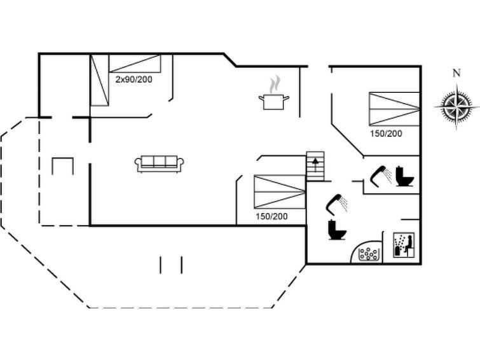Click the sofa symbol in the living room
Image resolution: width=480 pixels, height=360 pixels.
click(x=159, y=163)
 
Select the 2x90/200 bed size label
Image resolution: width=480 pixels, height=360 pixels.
click(x=134, y=80)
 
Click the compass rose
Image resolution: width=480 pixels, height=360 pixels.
click(x=456, y=107)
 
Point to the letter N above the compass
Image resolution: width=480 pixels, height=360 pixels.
click(x=456, y=73)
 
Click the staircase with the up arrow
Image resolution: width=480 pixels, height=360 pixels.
click(x=315, y=166)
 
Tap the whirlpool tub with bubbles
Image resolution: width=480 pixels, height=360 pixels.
click(x=366, y=252)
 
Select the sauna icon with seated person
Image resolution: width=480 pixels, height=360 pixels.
click(x=404, y=245)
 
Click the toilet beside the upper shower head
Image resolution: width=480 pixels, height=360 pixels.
click(x=405, y=176)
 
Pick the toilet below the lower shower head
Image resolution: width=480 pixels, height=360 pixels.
click(x=337, y=230)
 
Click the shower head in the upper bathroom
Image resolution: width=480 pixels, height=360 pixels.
click(x=381, y=176)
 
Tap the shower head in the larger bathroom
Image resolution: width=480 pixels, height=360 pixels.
click(x=336, y=203)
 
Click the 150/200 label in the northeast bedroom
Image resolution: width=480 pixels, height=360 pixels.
click(x=386, y=134)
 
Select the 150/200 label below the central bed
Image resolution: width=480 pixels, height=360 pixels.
click(x=271, y=217)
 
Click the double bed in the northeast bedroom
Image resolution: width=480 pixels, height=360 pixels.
click(x=394, y=109)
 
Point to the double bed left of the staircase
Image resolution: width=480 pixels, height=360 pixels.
click(x=280, y=192)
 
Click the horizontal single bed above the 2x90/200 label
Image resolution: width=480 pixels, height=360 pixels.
click(x=135, y=64)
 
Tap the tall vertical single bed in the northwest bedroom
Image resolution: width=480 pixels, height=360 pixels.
click(x=100, y=80)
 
